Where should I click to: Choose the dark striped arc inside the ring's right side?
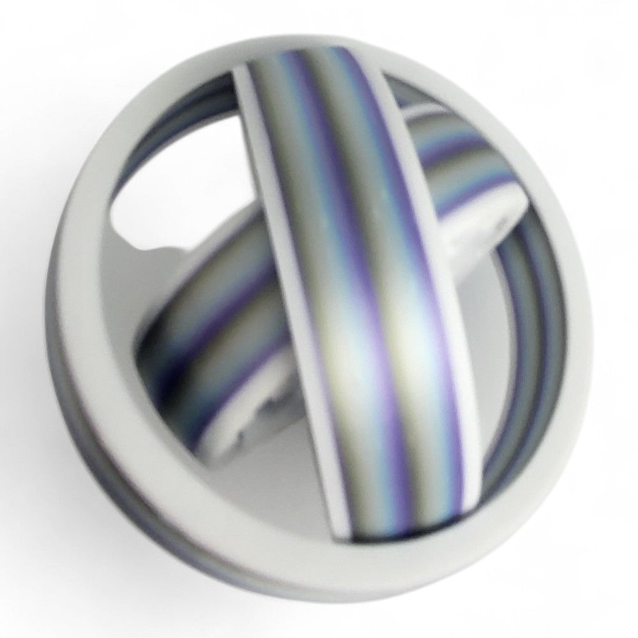click(523, 332)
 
